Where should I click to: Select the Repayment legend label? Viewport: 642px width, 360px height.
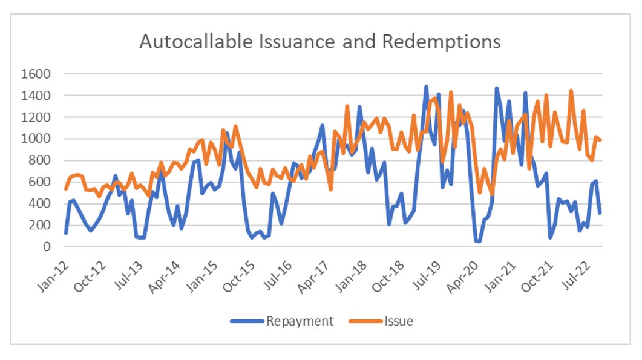coord(300,321)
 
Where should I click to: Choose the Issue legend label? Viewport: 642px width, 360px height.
coord(399,321)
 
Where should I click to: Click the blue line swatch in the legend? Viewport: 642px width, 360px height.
coord(247,321)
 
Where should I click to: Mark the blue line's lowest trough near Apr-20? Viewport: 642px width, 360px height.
coord(479,241)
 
